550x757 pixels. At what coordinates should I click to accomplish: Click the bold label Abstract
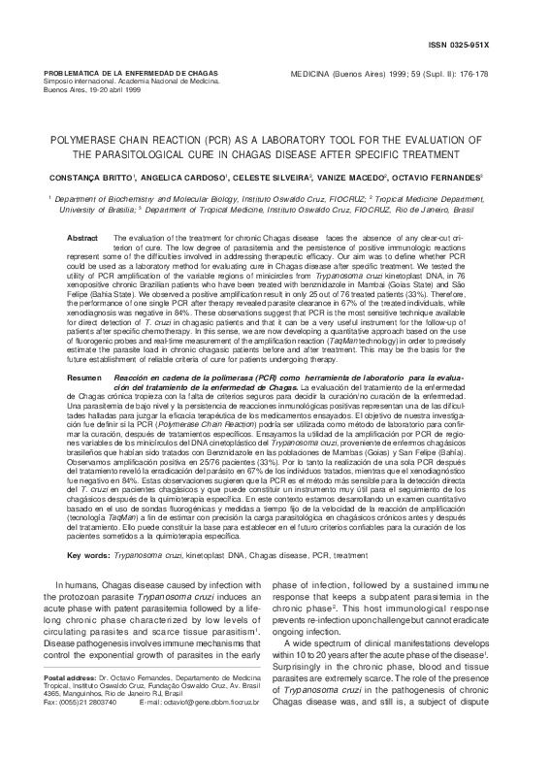pos(81,238)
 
